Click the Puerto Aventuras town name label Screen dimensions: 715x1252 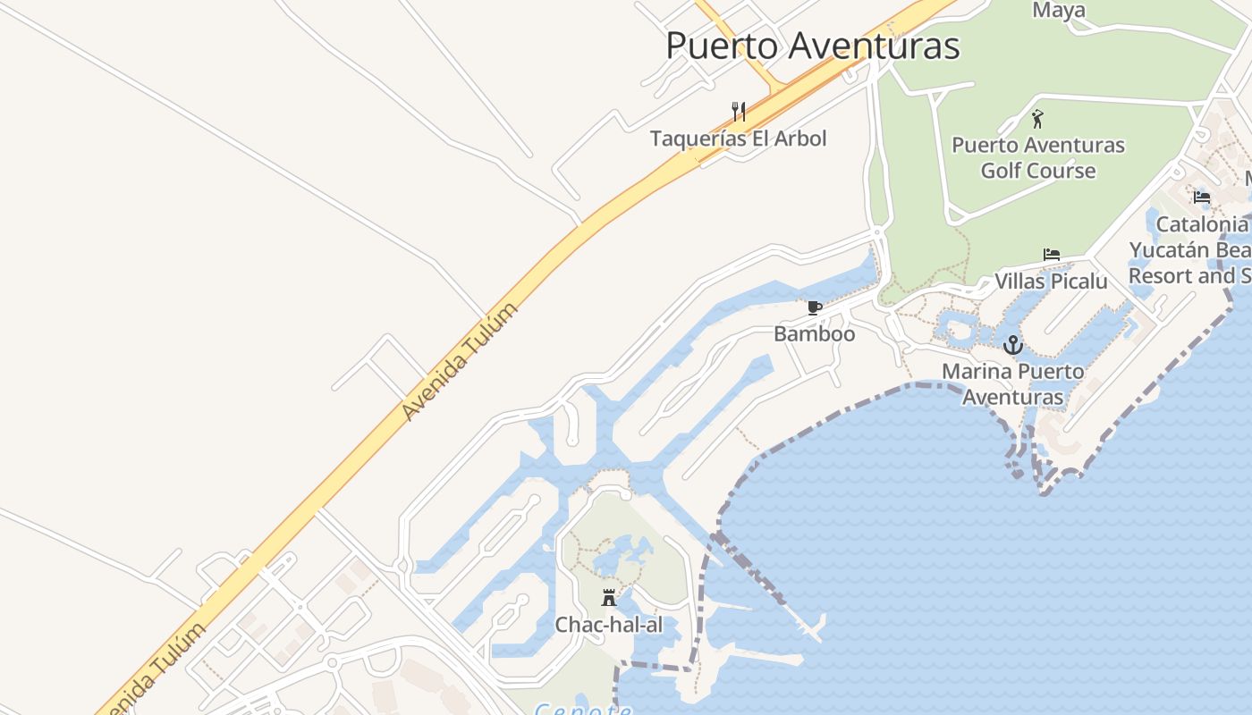[x=812, y=46]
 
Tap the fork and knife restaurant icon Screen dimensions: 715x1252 [x=739, y=112]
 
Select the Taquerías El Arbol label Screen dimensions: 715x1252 [x=738, y=139]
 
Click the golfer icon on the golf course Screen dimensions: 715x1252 [x=1037, y=119]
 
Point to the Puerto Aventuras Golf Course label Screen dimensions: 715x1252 [x=1037, y=157]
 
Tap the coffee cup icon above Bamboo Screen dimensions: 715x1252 [x=814, y=308]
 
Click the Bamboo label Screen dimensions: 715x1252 [x=814, y=334]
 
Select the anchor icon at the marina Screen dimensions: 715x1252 [x=1012, y=344]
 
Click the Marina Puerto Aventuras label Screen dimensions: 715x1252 [x=1012, y=384]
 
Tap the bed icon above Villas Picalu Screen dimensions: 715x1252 [x=1052, y=255]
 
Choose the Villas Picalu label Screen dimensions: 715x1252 [x=1051, y=282]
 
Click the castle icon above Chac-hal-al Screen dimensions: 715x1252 [x=609, y=597]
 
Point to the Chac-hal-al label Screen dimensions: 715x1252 [x=609, y=625]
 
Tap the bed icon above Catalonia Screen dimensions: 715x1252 [x=1201, y=197]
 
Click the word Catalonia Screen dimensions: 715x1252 [x=1201, y=223]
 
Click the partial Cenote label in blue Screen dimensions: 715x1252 [x=582, y=709]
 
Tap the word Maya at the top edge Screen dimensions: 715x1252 [x=1059, y=11]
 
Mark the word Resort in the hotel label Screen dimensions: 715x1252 [x=1160, y=275]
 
